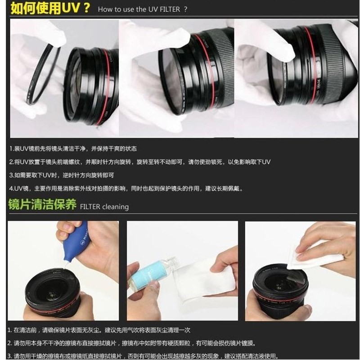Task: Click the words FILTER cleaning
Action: (x=104, y=207)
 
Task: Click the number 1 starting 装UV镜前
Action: (x=11, y=148)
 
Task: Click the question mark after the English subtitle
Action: (x=185, y=9)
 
